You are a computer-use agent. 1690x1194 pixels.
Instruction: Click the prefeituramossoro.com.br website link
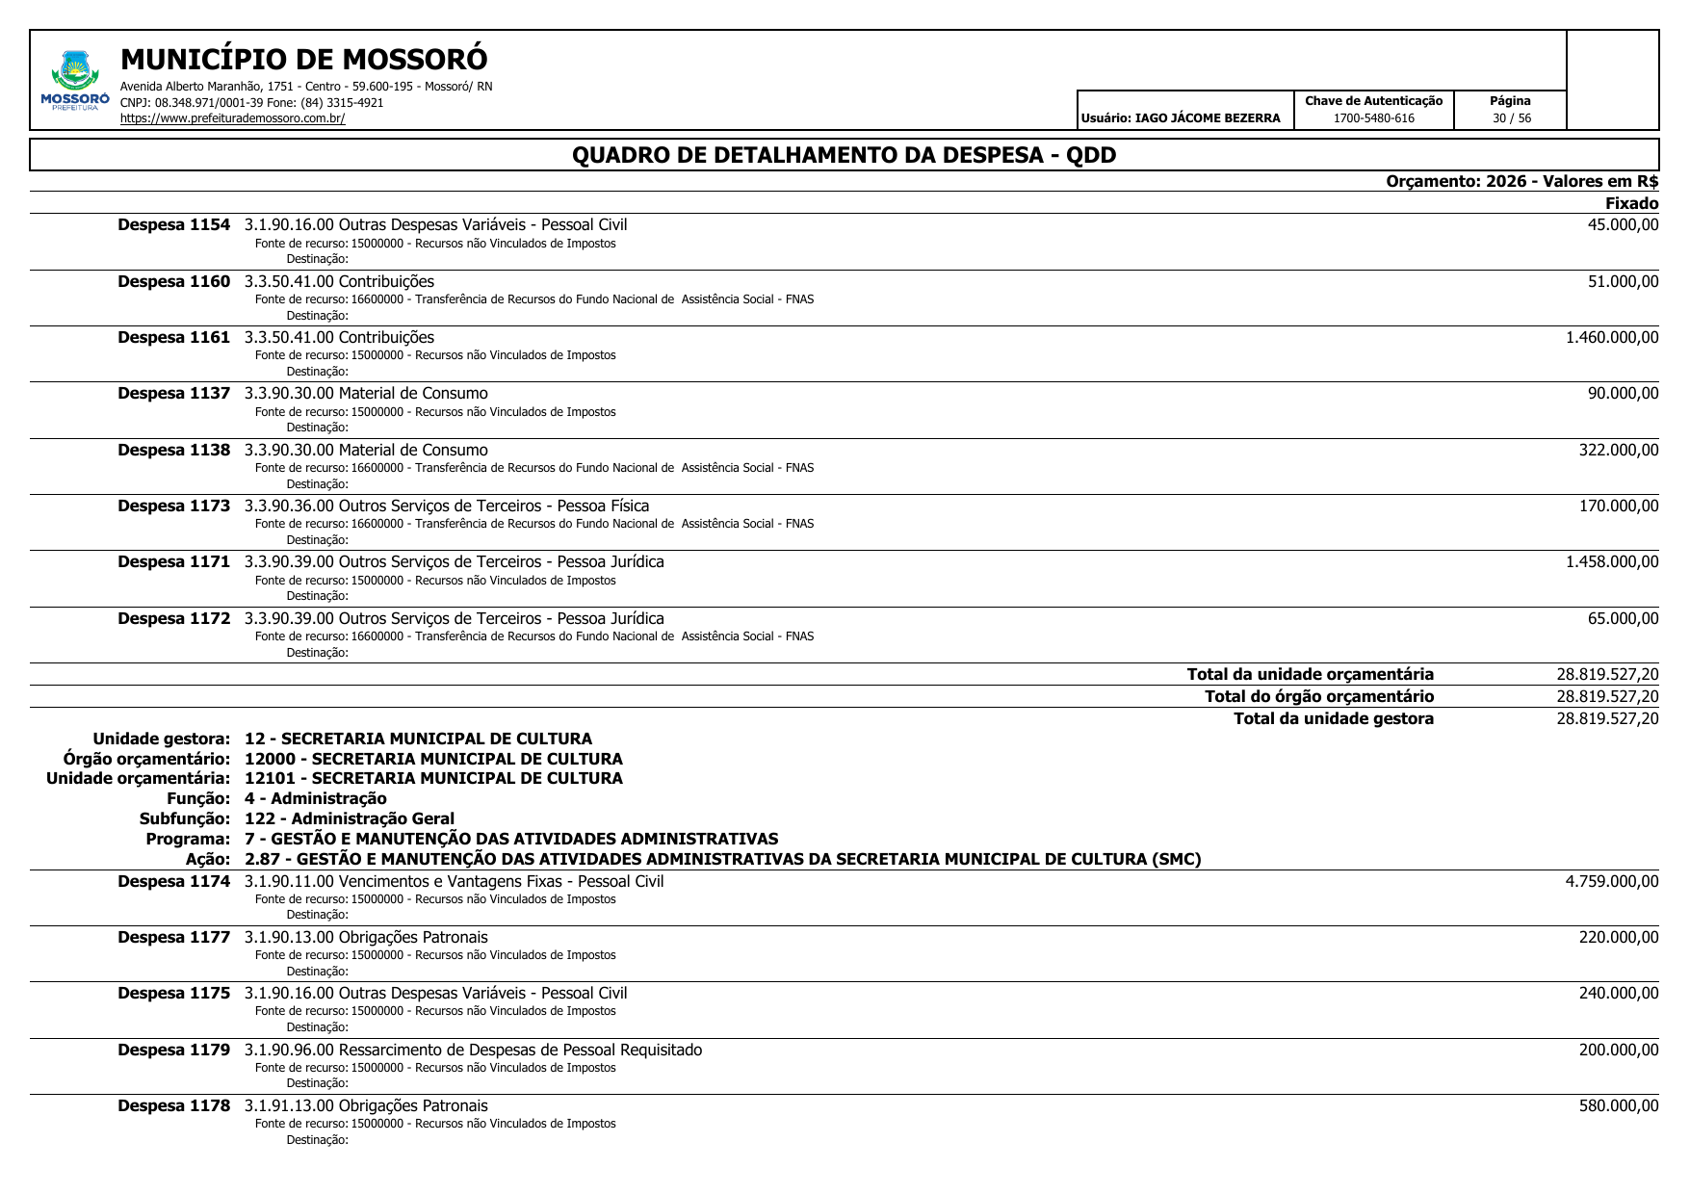(x=232, y=118)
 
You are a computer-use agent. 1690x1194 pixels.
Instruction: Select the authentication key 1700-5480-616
(x=1373, y=118)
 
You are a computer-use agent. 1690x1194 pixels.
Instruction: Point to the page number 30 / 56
(x=1511, y=118)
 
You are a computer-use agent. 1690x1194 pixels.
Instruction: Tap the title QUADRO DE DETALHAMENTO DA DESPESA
(x=844, y=155)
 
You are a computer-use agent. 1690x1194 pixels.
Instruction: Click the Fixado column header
(x=1631, y=203)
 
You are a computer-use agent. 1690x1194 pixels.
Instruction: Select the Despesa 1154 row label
(x=173, y=225)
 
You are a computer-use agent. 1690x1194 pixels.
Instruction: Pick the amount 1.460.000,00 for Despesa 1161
(x=1611, y=338)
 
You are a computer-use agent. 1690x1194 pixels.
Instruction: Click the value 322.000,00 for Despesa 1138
(x=1618, y=451)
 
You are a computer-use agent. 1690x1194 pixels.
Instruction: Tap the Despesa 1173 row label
(x=173, y=506)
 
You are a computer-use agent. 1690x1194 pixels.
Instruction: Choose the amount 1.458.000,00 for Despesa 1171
(x=1611, y=562)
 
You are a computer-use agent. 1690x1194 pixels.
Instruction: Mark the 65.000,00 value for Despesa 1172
(x=1623, y=619)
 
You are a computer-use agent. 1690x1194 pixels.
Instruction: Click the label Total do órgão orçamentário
(x=1318, y=697)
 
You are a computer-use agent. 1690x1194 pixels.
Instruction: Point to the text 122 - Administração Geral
(x=349, y=819)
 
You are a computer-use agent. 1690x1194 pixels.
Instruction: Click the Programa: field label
(x=188, y=840)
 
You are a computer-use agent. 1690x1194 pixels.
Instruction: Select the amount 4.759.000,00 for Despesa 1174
(x=1611, y=882)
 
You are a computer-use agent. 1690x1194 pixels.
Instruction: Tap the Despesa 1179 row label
(x=173, y=1051)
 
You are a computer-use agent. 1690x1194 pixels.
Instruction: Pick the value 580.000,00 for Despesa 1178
(x=1618, y=1106)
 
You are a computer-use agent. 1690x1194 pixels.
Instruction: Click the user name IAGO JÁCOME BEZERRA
(x=1208, y=118)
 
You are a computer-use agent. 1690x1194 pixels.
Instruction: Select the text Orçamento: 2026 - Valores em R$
(x=1521, y=182)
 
